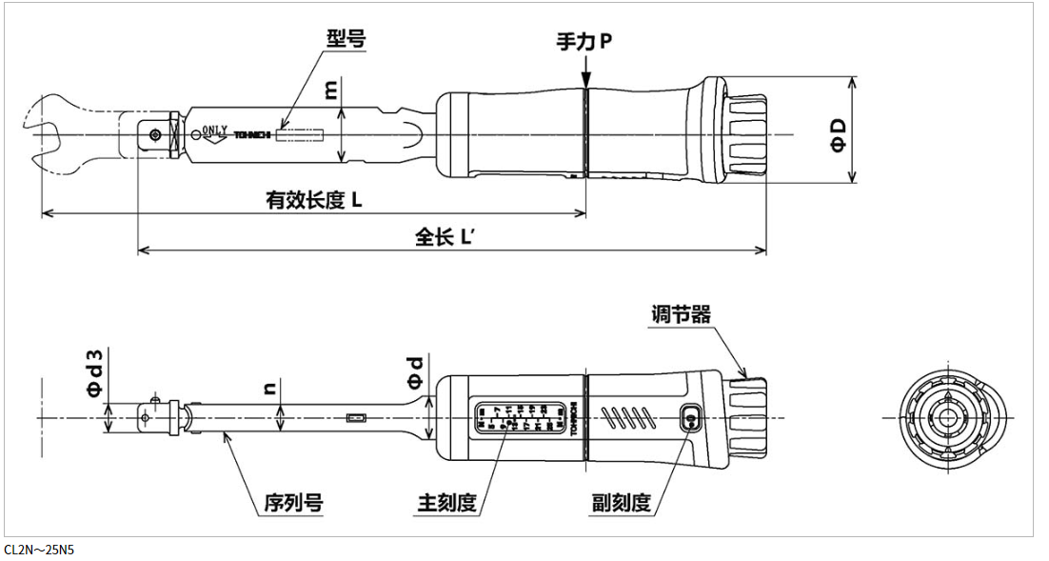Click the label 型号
pyautogui.click(x=346, y=39)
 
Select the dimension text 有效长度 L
pyautogui.click(x=314, y=201)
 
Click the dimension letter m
pyautogui.click(x=330, y=90)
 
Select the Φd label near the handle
pyautogui.click(x=415, y=371)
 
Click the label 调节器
pyautogui.click(x=681, y=314)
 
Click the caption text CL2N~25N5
pyautogui.click(x=39, y=550)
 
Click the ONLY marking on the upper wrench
pyautogui.click(x=212, y=130)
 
